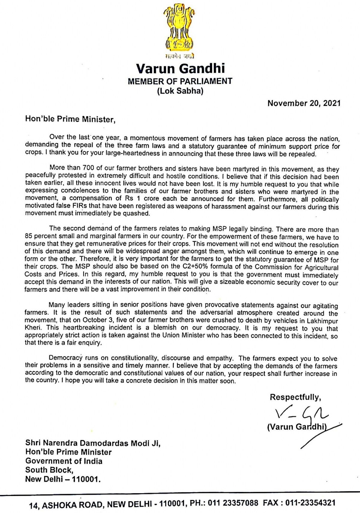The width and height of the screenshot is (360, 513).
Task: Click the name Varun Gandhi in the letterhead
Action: click(x=180, y=68)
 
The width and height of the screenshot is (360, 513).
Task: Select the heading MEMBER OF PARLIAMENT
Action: click(x=180, y=81)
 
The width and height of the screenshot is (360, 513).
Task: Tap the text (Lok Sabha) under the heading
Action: click(x=180, y=91)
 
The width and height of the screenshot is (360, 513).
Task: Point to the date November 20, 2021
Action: click(x=304, y=103)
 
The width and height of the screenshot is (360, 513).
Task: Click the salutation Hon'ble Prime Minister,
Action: click(x=70, y=119)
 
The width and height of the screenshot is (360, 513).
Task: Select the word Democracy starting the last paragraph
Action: click(x=65, y=358)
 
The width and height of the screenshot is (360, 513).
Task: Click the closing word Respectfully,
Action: click(x=295, y=397)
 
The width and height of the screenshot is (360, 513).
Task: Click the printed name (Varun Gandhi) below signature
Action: click(x=297, y=427)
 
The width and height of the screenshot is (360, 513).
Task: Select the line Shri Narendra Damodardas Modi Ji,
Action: click(x=93, y=443)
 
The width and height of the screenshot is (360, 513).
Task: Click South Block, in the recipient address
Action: click(x=49, y=470)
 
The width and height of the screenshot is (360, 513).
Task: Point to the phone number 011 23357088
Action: click(x=233, y=503)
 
